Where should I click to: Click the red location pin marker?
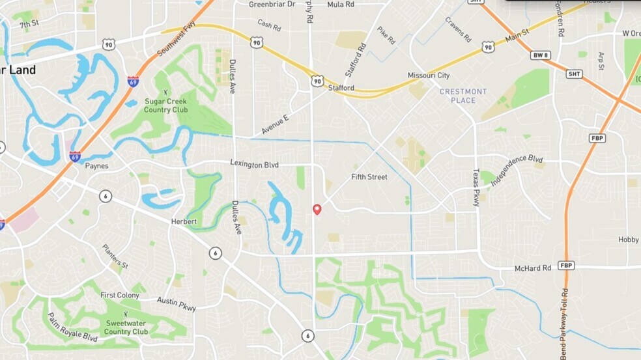[317, 209]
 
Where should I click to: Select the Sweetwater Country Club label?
[126, 327]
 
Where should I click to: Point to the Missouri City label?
[429, 76]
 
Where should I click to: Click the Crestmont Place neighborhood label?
[463, 96]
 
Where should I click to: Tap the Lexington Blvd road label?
[254, 165]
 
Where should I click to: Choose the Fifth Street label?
[369, 177]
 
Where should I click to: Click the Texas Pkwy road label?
[476, 187]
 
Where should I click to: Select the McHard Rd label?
[532, 268]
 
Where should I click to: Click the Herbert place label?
[184, 222]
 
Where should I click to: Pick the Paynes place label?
[96, 166]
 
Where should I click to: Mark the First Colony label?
[120, 295]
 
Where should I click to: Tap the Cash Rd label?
[268, 25]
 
